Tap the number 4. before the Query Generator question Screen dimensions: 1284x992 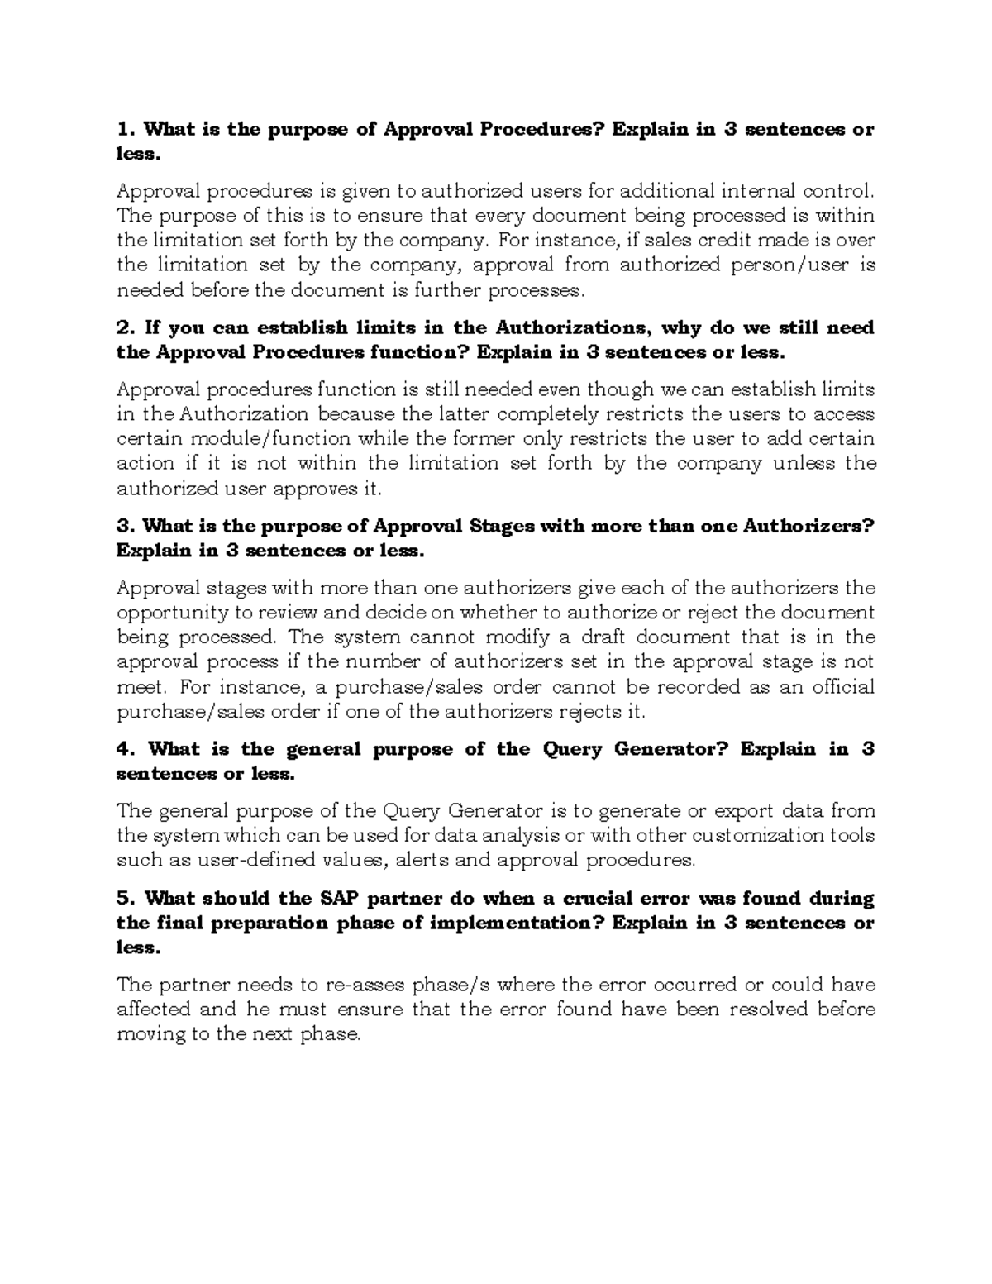126,749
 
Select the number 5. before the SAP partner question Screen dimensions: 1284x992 126,898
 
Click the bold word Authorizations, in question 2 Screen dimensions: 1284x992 574,327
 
